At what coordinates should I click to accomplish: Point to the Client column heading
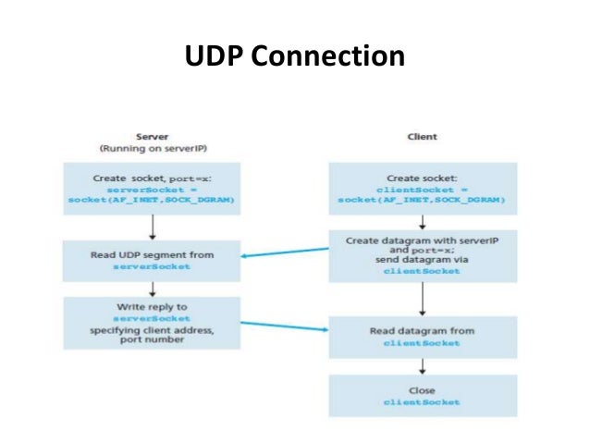pyautogui.click(x=422, y=137)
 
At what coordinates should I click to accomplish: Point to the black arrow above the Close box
pyautogui.click(x=422, y=365)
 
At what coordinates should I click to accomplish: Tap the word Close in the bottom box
pyautogui.click(x=422, y=390)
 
